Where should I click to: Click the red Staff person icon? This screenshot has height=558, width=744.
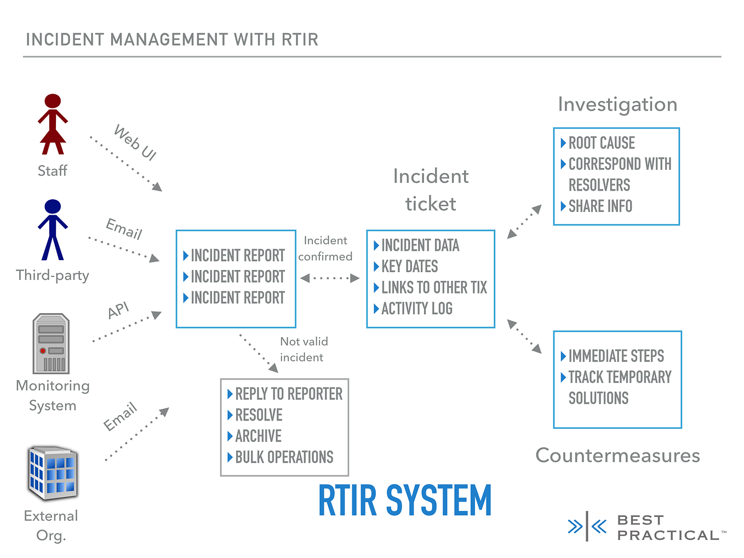(53, 124)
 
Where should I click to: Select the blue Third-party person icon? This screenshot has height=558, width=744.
(53, 229)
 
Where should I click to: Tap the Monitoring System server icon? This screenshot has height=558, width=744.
(51, 343)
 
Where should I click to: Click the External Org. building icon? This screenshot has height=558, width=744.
(53, 473)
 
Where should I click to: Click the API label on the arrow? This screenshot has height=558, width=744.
(118, 310)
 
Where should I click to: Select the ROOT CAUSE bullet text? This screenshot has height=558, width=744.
(601, 143)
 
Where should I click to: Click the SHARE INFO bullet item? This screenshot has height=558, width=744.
(600, 206)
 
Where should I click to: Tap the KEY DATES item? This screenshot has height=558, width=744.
(409, 267)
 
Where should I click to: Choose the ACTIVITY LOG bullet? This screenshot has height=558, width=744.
(416, 309)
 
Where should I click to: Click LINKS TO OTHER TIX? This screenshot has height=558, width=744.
(433, 287)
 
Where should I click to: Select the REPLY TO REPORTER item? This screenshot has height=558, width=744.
(288, 394)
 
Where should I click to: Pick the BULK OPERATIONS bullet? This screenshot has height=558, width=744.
(284, 457)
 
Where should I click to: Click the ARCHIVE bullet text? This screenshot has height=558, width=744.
(258, 436)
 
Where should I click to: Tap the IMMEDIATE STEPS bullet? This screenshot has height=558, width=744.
(616, 356)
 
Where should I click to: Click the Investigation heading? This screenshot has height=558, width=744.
(617, 105)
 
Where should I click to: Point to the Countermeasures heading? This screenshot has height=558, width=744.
(617, 456)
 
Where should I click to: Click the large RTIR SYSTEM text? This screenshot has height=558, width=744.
(405, 501)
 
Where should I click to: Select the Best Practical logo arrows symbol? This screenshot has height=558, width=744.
(587, 526)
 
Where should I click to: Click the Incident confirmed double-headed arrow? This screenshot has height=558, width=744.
(330, 278)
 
